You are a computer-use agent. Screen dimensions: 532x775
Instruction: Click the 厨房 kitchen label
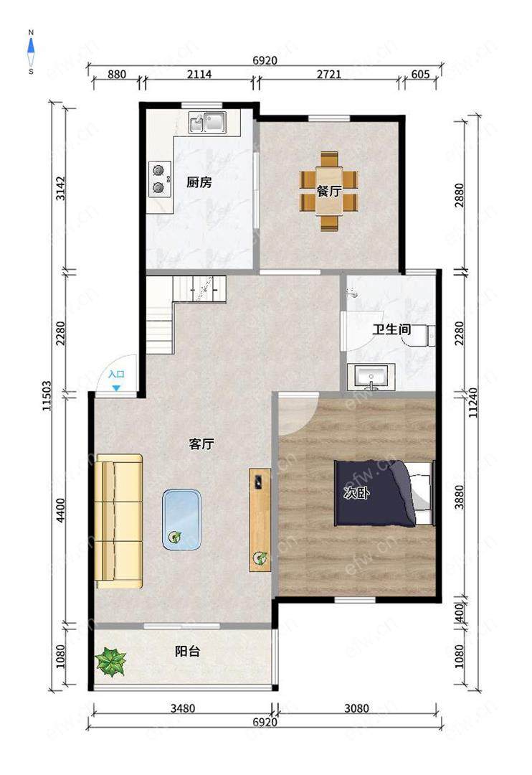199,182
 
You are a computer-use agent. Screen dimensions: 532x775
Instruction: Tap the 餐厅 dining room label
328,191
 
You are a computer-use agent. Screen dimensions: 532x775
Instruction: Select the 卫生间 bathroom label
391,329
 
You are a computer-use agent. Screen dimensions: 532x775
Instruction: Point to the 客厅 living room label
201,444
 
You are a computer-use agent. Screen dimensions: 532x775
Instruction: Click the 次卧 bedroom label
356,493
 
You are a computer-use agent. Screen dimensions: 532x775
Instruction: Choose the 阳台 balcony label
188,652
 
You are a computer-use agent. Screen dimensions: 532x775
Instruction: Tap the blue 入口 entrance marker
116,380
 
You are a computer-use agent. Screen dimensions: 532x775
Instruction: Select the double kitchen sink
207,123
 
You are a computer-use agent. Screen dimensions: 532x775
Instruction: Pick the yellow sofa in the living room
119,522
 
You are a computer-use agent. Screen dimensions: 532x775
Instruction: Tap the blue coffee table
182,520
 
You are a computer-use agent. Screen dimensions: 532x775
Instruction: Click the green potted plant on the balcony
110,662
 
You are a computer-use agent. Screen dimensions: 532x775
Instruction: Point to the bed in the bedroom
384,493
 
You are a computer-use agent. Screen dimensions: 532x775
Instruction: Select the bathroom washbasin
371,377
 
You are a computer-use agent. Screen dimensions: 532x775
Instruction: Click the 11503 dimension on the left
47,395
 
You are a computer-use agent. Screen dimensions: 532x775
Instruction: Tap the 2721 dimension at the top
329,74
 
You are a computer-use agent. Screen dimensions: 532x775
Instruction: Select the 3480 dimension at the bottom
183,708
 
